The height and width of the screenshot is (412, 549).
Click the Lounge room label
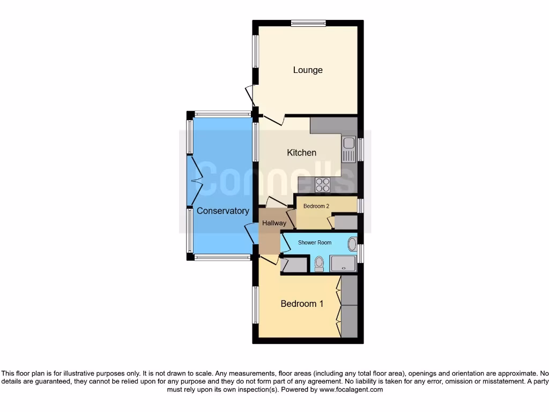click(308, 70)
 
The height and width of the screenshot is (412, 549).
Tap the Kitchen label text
click(302, 153)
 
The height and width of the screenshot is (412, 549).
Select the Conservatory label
click(222, 211)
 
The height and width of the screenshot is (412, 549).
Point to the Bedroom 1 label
click(302, 304)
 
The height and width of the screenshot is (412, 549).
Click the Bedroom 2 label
click(316, 206)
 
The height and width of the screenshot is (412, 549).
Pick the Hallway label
click(273, 223)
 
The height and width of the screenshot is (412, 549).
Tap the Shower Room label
click(315, 242)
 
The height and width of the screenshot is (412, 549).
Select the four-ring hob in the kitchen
click(323, 185)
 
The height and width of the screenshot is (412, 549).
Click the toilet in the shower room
click(320, 263)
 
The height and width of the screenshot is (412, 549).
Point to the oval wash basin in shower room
click(352, 245)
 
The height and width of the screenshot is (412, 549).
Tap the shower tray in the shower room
click(343, 263)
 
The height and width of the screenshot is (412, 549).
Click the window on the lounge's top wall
click(308, 23)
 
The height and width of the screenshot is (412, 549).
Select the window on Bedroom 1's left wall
click(256, 305)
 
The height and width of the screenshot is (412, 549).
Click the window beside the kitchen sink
click(360, 149)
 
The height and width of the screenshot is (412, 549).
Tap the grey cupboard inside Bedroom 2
click(345, 223)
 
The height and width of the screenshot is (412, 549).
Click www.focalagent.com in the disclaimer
click(351, 390)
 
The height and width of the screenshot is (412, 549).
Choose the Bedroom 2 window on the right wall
click(360, 206)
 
